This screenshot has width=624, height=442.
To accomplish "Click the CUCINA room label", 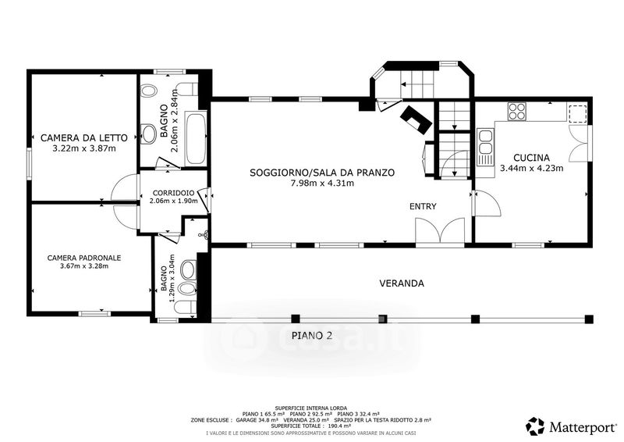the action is pos(531,158).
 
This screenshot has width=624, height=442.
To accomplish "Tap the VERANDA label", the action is pos(402,283).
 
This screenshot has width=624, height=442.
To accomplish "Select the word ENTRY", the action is pos(423,206).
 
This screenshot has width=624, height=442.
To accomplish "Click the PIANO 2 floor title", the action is pos(312,336).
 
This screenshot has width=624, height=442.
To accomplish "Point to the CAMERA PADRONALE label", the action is pos(84,258).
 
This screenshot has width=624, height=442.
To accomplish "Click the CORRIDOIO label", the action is pos(173,193).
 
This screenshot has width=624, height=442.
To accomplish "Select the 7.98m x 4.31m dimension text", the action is pos(322,184).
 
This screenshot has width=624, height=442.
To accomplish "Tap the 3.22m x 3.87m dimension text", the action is pos(84,148).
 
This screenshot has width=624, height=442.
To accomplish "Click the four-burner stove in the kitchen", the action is pos(516,111).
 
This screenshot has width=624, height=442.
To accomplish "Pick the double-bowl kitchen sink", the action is pos(485,142).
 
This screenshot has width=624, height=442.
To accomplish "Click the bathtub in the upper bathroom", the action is pos(196,139).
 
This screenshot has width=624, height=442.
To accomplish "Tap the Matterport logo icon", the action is pos(536,426).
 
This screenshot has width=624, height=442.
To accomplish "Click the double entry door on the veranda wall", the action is pos(440,230).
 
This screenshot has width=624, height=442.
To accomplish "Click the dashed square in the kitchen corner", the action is pos(577,112).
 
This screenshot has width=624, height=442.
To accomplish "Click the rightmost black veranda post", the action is pos(589,319).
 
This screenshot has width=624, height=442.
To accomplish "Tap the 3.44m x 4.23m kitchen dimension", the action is pos(531,168).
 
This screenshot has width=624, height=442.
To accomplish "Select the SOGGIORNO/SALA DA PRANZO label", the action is pos(322,173).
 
